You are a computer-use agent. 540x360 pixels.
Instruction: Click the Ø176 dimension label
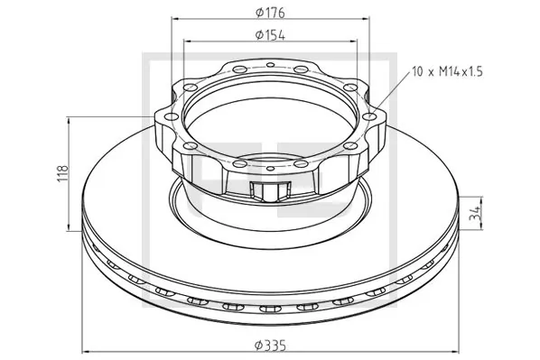pyautogui.click(x=270, y=12)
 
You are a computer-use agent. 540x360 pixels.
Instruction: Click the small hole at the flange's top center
pyautogui.click(x=270, y=65)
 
